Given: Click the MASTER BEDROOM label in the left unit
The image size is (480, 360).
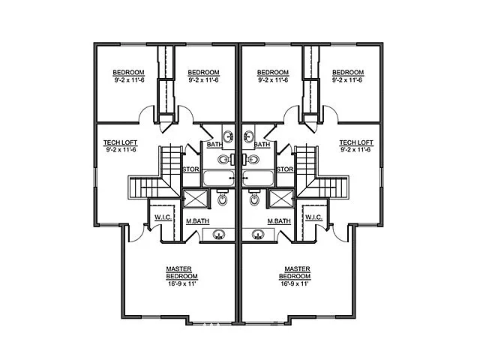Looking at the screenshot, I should (x=181, y=271).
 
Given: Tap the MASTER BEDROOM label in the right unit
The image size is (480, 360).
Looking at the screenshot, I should (x=298, y=271).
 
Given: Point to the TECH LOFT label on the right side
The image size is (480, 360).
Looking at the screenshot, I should (x=355, y=142).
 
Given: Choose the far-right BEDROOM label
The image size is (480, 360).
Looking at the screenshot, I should (x=347, y=73).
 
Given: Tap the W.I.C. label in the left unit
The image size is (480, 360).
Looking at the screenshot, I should (x=163, y=217).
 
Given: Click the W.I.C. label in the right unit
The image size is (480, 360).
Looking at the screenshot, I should (x=313, y=217).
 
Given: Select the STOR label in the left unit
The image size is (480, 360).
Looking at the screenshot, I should (x=190, y=169).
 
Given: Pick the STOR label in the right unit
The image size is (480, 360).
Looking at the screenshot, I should (x=284, y=169).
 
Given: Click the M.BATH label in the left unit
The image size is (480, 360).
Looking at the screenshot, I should (x=197, y=221).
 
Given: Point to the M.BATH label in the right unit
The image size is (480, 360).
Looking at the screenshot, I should (x=279, y=221).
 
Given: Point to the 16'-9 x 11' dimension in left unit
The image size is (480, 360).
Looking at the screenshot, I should (x=181, y=284).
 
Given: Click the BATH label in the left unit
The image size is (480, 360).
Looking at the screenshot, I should (x=214, y=144).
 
